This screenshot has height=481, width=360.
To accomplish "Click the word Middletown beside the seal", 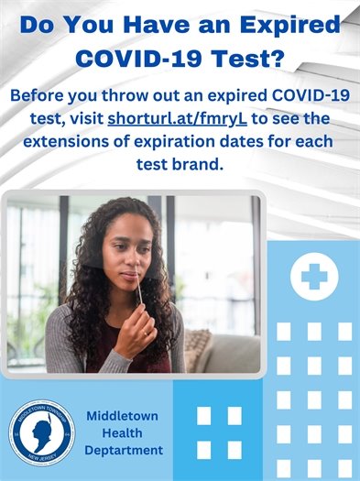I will pos(124,415).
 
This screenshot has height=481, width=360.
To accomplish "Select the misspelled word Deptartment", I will pos(124,450).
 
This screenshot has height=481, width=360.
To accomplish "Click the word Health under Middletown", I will pos(124,432).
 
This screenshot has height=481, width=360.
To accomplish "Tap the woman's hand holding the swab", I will pos(137,332).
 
